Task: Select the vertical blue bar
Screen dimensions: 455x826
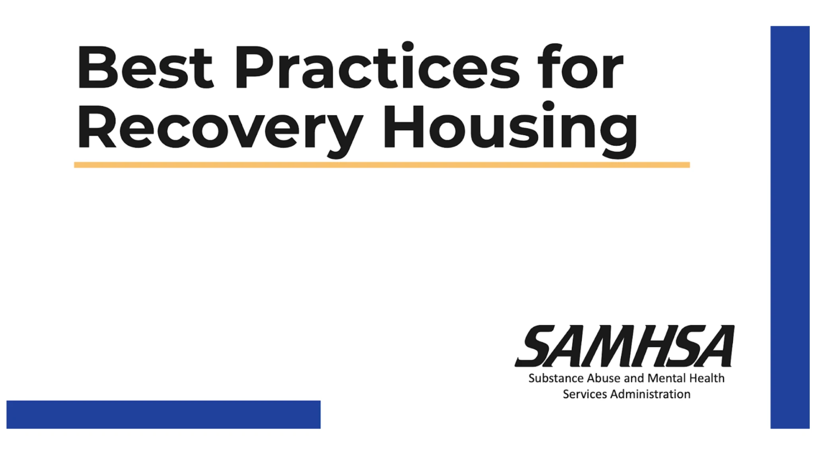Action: pos(789,227)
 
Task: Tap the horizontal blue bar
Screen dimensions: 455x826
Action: pos(163,414)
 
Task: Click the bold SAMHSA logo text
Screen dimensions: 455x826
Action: pos(625,346)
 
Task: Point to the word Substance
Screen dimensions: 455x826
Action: pos(556,378)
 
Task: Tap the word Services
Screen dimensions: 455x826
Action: pos(584,394)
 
